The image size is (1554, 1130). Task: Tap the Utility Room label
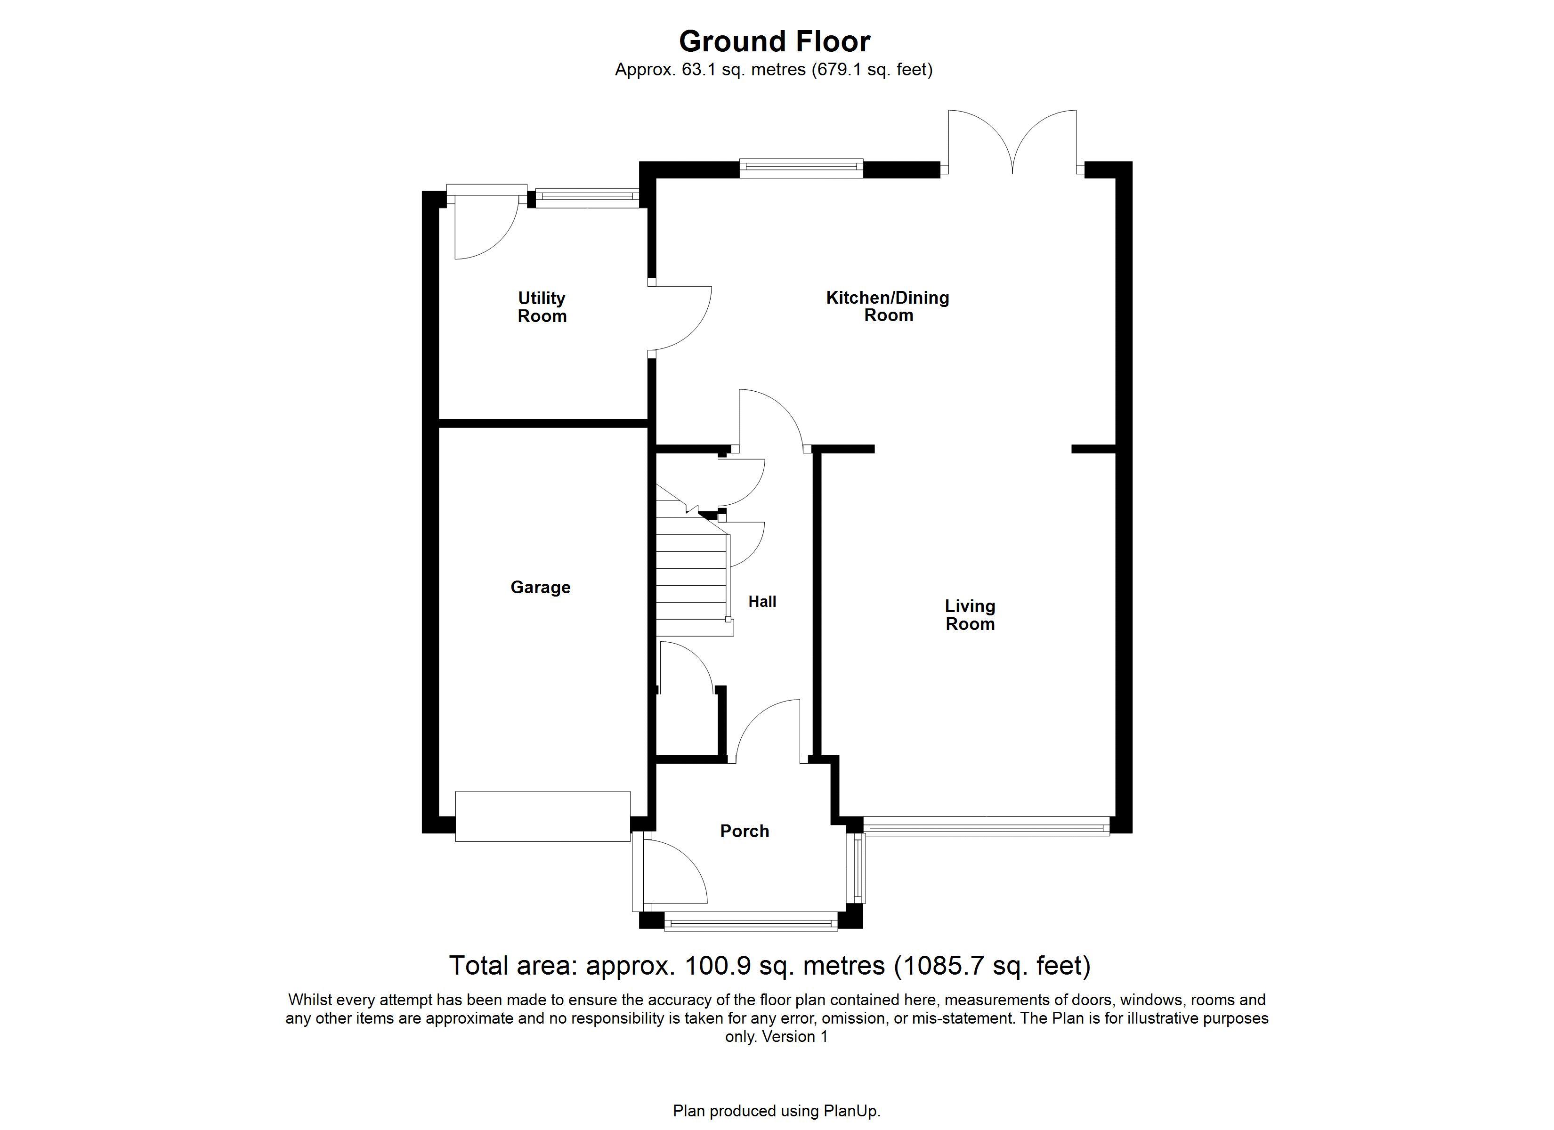542,307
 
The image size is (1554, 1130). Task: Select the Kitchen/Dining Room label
888,307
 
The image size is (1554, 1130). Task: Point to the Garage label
541,587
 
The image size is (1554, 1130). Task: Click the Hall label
762,602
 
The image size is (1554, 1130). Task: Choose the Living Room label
970,615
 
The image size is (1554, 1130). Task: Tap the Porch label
745,831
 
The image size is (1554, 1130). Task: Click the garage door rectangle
542,816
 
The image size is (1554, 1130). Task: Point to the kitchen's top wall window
801,169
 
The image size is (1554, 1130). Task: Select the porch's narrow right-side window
856,868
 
